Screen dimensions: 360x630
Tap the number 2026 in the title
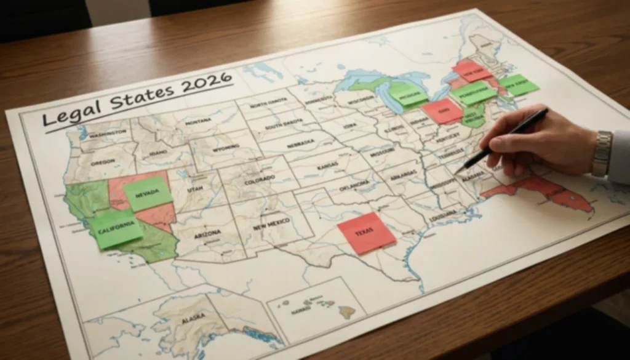(x=206, y=83)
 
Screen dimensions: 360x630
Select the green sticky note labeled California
(x=116, y=228)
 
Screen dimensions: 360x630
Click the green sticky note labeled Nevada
(x=148, y=193)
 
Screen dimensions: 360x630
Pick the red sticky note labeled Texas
(x=367, y=233)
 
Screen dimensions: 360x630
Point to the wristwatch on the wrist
(x=602, y=153)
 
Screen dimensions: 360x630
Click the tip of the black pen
(x=457, y=173)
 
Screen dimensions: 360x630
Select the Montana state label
(x=197, y=122)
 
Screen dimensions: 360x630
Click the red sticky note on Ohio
(x=442, y=111)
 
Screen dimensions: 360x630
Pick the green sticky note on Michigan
(x=407, y=95)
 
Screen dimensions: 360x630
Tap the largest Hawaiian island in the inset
(x=348, y=312)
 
